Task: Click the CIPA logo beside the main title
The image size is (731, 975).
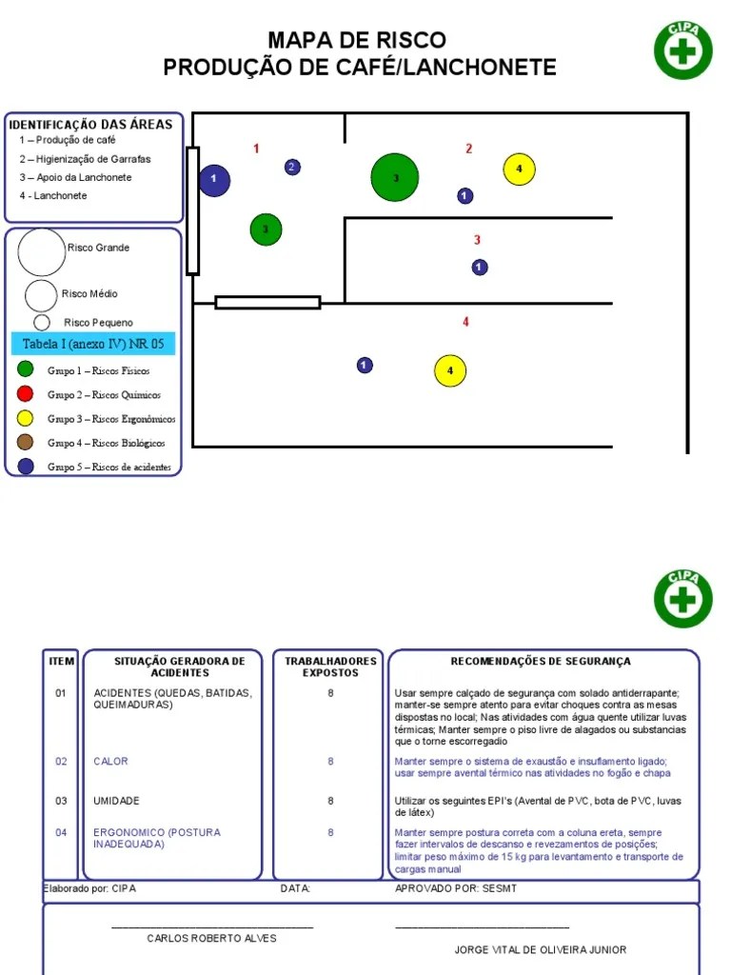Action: point(682,50)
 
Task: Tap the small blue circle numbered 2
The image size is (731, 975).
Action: point(292,168)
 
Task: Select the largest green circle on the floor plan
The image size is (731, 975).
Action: point(395,178)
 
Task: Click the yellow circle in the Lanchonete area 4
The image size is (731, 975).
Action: point(450,370)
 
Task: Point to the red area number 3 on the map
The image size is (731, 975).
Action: point(478,240)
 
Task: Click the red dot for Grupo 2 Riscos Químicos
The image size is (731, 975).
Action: point(26,394)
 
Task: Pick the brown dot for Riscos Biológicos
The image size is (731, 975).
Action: point(26,443)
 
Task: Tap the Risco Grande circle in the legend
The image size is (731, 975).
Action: point(41,252)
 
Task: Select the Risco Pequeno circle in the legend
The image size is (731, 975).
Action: point(42,323)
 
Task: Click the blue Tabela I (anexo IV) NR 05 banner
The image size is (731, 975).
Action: point(93,344)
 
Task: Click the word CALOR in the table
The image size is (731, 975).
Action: point(110,762)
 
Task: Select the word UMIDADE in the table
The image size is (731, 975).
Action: point(116,801)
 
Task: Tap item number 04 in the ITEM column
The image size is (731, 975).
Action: point(61,832)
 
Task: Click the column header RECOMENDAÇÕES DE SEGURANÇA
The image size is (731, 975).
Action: point(540,661)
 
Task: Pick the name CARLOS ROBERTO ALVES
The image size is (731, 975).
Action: point(211,938)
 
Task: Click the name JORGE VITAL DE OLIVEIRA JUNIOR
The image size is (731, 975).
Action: point(541,949)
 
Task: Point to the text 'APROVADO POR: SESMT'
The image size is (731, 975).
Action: point(456,888)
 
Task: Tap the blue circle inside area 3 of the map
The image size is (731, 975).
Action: point(480,268)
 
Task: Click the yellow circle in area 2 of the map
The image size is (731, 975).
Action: point(519,169)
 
